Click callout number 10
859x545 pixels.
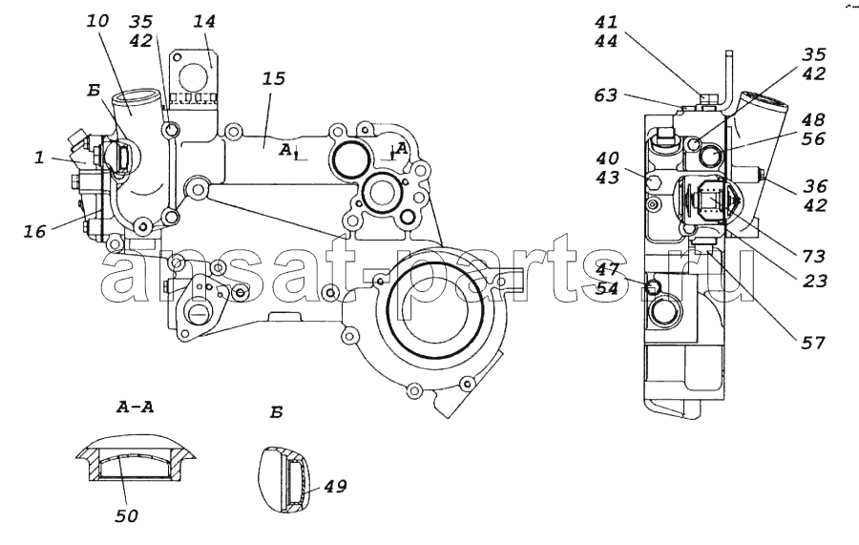point(97,21)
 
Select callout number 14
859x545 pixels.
point(204,21)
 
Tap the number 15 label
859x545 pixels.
point(274,78)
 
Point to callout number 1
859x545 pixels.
point(39,158)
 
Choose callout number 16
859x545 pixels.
point(34,232)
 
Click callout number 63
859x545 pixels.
point(605,95)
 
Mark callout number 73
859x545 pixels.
point(814,256)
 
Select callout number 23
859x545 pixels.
point(814,281)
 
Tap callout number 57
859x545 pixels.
point(813,343)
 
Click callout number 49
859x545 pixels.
point(335,486)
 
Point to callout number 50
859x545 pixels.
point(127,515)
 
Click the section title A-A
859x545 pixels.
point(135,407)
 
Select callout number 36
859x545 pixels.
point(815,186)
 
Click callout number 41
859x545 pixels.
point(606,22)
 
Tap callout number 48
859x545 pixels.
point(813,120)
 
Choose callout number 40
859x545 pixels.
point(607,158)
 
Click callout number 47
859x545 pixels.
point(607,269)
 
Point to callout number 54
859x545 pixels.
point(607,288)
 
